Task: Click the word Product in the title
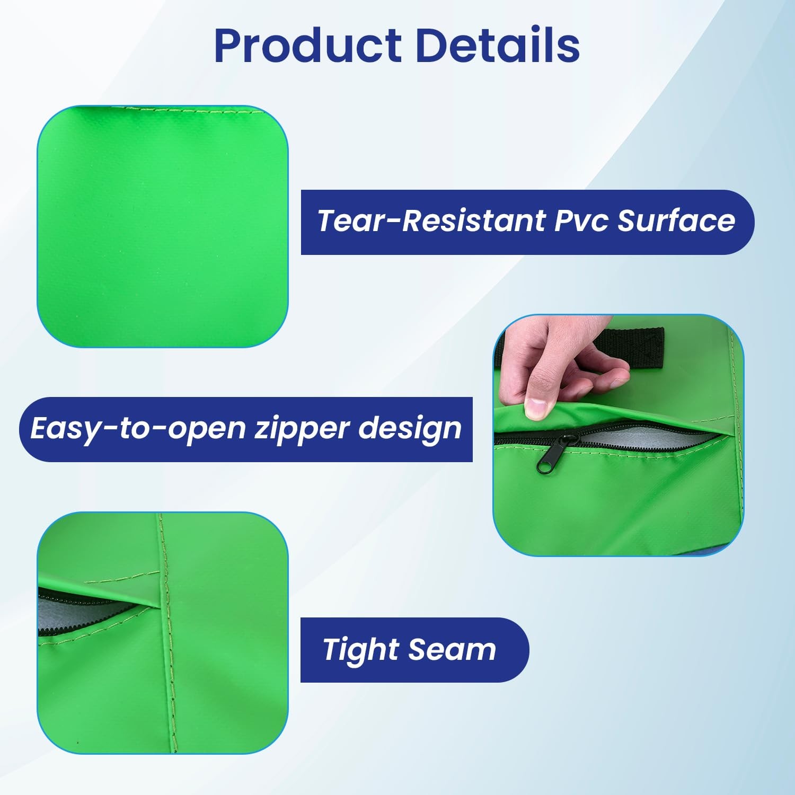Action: click(308, 45)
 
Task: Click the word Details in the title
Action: click(498, 45)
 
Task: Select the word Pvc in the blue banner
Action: click(581, 221)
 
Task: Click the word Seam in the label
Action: click(452, 650)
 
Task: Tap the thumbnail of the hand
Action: click(536, 408)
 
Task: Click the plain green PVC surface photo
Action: click(163, 227)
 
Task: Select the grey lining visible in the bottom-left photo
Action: click(74, 609)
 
